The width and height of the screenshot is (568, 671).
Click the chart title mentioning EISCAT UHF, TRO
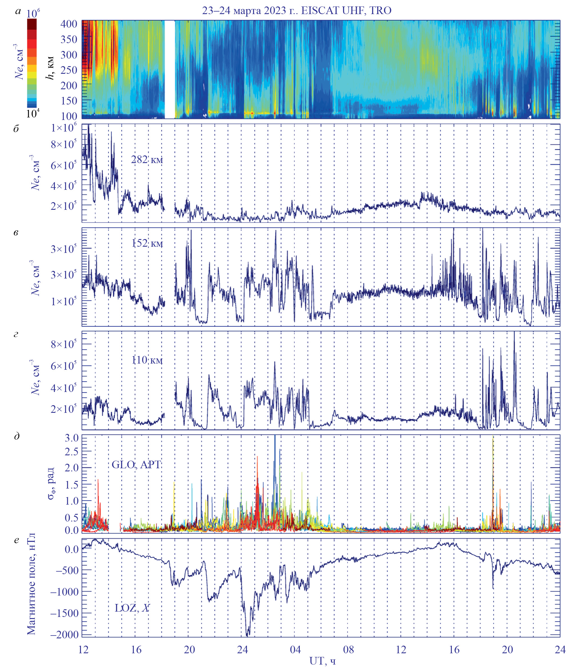click(x=297, y=11)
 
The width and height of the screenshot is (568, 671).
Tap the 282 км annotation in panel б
click(x=147, y=160)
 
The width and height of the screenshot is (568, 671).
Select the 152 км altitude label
click(x=147, y=243)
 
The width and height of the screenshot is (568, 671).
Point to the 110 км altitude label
click(x=147, y=360)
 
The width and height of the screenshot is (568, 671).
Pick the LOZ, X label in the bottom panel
click(x=132, y=608)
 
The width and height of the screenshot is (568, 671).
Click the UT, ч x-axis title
click(x=322, y=661)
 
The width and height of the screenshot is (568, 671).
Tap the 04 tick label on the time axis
click(x=295, y=649)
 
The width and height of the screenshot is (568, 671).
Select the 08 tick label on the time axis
click(x=348, y=649)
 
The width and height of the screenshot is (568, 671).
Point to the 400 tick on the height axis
click(x=69, y=24)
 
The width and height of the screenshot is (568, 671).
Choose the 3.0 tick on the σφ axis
click(x=71, y=438)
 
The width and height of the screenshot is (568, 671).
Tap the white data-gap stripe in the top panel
click(x=170, y=69)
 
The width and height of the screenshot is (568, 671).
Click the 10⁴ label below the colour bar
click(x=33, y=113)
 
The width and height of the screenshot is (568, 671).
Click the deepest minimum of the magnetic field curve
click(x=247, y=636)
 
